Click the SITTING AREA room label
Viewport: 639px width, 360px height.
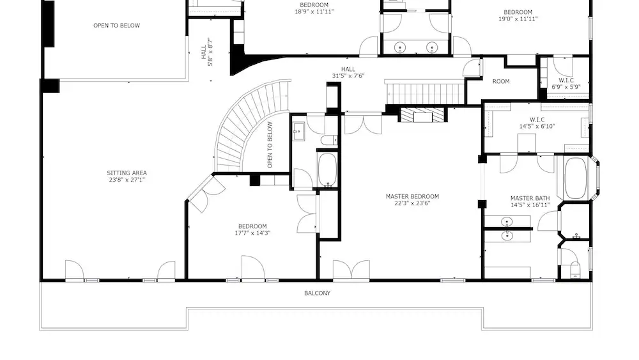(x=127, y=173)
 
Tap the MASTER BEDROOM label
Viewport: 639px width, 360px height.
(x=412, y=196)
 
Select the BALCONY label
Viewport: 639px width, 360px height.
(x=318, y=293)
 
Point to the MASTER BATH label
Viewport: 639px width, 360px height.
(x=530, y=198)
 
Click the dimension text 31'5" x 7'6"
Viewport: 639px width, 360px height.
(x=348, y=76)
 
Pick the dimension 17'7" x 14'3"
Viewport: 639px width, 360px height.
(x=252, y=233)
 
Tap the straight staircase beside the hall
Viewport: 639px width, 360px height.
(x=425, y=93)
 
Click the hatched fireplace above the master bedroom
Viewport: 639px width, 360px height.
(x=422, y=115)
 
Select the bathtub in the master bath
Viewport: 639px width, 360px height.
(x=576, y=178)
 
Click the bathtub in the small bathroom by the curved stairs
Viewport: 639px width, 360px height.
(x=327, y=169)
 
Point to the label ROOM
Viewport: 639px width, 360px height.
(x=501, y=82)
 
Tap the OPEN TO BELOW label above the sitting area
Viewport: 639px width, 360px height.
(x=116, y=26)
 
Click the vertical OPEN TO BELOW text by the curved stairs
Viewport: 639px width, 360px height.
(x=270, y=145)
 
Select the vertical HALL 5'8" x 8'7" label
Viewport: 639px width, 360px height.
(x=207, y=52)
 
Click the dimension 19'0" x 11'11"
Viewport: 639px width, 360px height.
(x=518, y=19)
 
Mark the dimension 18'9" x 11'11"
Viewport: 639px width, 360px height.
(x=314, y=12)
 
